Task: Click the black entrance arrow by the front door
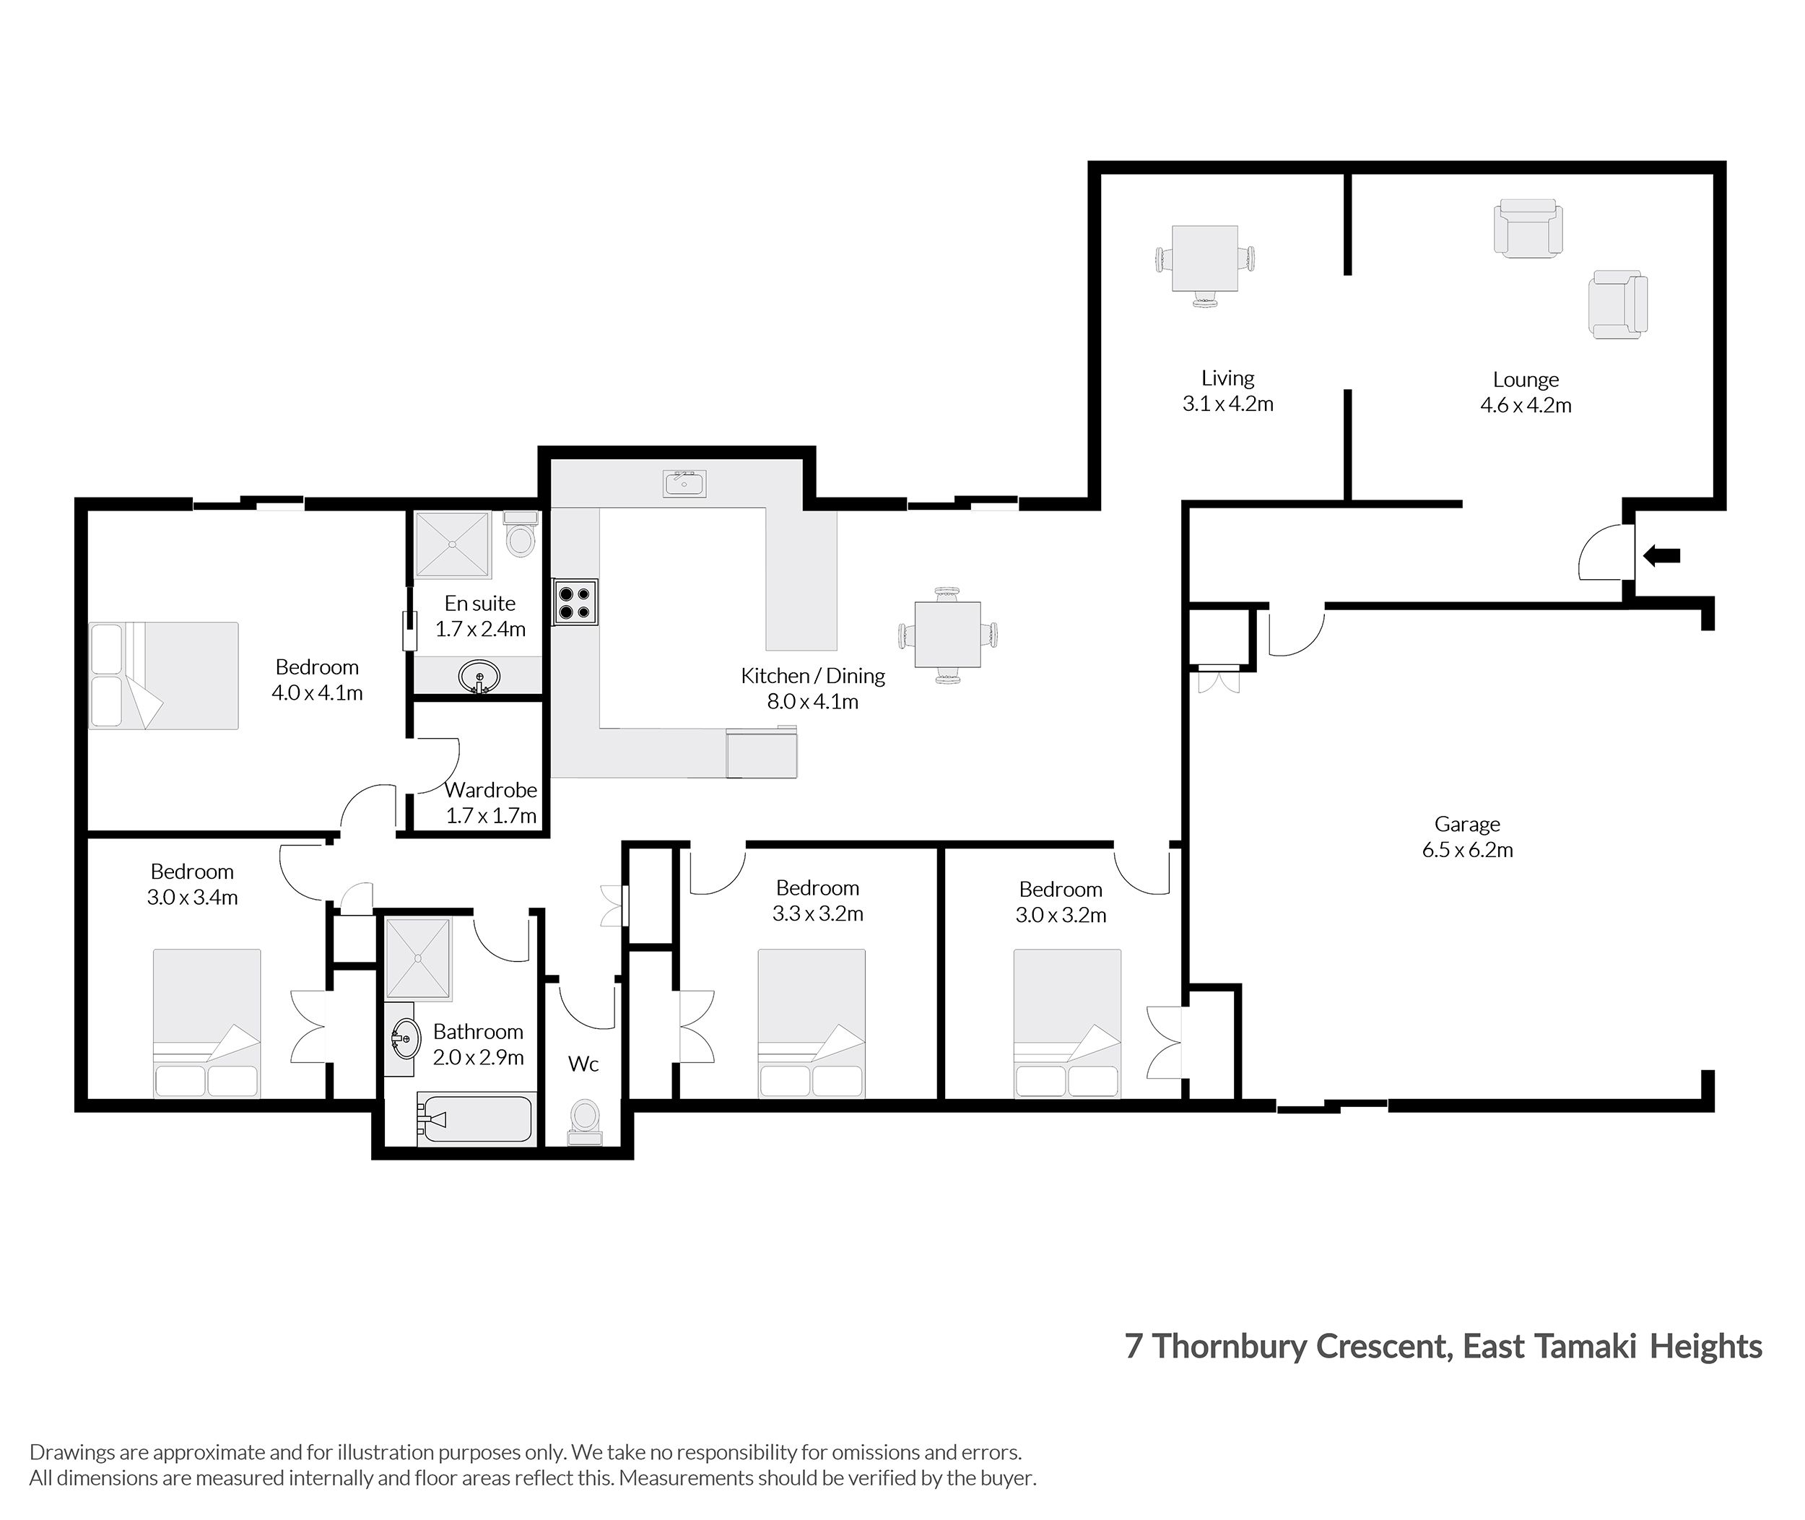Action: [x=1661, y=556]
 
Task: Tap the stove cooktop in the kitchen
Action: [x=575, y=602]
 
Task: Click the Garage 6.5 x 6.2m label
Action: [x=1467, y=837]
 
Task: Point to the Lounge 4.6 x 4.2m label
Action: [x=1525, y=392]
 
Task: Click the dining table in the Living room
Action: [x=1204, y=259]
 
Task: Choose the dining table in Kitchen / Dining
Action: [x=947, y=635]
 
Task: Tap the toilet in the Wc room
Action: [x=585, y=1119]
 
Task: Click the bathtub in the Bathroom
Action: [x=476, y=1119]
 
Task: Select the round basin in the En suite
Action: [x=479, y=677]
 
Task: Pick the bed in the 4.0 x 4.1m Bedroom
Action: [x=164, y=676]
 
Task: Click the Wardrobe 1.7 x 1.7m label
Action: [x=491, y=802]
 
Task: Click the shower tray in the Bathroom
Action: [x=418, y=957]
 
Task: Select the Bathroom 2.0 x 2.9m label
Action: [x=478, y=1043]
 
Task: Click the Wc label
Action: [x=583, y=1064]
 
